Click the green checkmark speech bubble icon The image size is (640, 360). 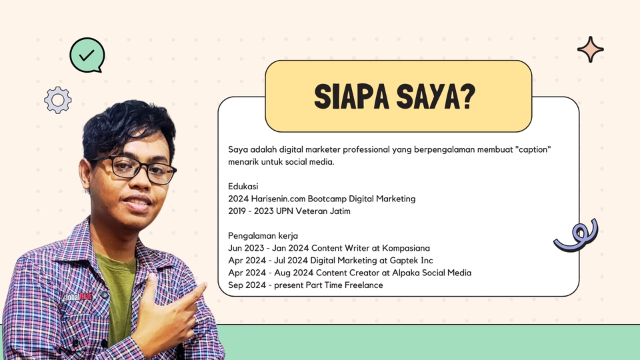coord(87,55)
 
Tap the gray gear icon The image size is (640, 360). coord(58,100)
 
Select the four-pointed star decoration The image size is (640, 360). coord(590,49)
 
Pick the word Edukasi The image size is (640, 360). coord(243,186)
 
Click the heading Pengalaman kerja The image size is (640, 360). coord(263,236)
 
